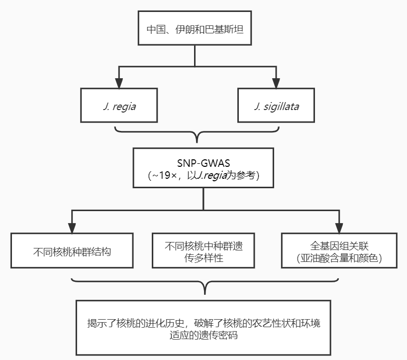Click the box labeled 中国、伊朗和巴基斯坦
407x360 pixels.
[x=195, y=28]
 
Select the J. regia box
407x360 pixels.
[x=119, y=105]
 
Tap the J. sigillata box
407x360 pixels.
[x=276, y=105]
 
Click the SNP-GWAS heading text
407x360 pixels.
[x=203, y=163]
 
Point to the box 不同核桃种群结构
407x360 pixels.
[x=72, y=250]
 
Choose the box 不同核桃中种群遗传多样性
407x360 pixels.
[x=203, y=250]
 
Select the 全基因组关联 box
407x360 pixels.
[x=339, y=250]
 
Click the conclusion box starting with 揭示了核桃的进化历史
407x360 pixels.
[x=203, y=328]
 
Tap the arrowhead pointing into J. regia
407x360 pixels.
[x=119, y=83]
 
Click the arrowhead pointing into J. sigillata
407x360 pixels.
[x=276, y=83]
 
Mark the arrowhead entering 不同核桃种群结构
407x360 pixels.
[x=72, y=228]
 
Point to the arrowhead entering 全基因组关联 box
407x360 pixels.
[x=339, y=228]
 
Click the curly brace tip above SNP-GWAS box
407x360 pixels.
[x=197, y=142]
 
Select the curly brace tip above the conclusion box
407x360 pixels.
[x=205, y=294]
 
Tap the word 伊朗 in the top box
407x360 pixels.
[x=185, y=29]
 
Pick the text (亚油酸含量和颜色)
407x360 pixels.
[x=339, y=258]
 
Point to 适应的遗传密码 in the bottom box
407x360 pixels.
[x=203, y=335]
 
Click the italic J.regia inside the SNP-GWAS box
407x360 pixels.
[x=212, y=176]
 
